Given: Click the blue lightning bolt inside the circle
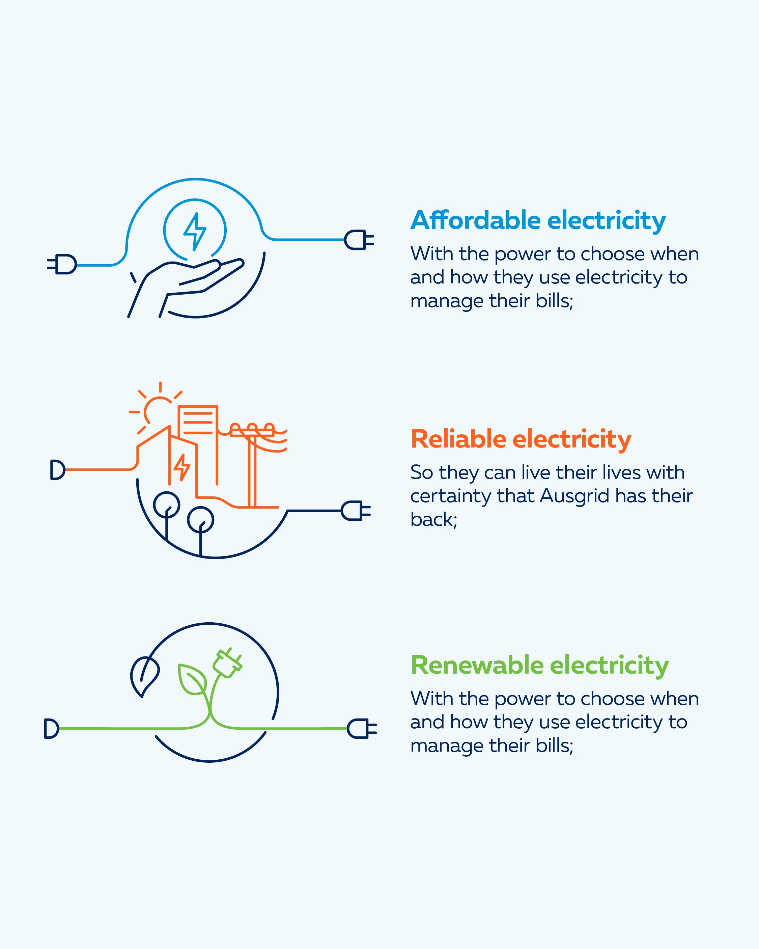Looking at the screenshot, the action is pos(195,231).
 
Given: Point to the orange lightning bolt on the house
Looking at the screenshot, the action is pos(182,467).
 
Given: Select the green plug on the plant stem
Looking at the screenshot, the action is pos(227,663).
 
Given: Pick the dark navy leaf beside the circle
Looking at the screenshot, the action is pos(144,676).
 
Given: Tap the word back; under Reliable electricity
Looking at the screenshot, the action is pos(434,520).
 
